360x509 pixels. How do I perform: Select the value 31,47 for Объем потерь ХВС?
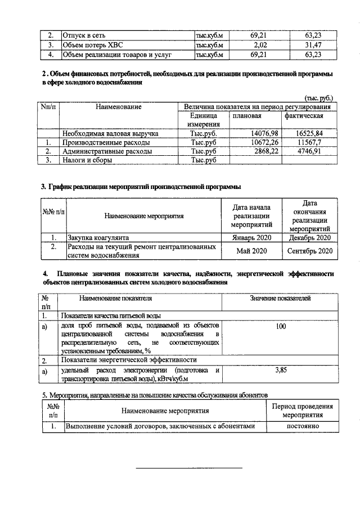[x=309, y=45]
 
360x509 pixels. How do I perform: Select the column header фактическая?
[x=304, y=115]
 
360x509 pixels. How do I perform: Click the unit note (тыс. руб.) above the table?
[x=321, y=97]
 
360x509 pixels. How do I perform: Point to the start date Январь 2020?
[x=251, y=237]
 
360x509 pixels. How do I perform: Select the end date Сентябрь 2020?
[x=310, y=250]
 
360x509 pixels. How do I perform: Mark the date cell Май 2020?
[x=251, y=250]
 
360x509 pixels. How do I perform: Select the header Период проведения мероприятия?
[x=301, y=411]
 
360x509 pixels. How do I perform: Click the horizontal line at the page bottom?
[x=190, y=468]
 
